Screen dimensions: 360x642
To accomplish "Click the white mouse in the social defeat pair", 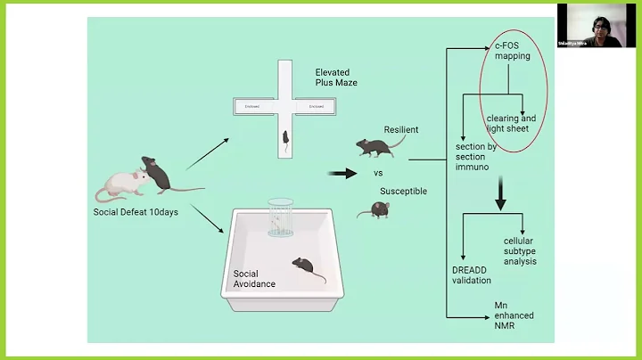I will coord(119,184).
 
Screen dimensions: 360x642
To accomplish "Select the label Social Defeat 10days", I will coord(136,212).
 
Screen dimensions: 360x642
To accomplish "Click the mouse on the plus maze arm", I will coord(284,139).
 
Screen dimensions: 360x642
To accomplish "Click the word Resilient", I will coord(401,129).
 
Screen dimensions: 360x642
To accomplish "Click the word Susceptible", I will coord(403,191).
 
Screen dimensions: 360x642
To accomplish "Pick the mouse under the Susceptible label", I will coord(378,209).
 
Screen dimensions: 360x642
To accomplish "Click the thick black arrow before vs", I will coord(342,172).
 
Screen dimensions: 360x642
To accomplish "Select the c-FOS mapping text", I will coord(513,50).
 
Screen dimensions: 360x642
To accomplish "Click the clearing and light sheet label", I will coord(511,124).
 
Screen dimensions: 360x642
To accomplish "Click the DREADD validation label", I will coord(471,275).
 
